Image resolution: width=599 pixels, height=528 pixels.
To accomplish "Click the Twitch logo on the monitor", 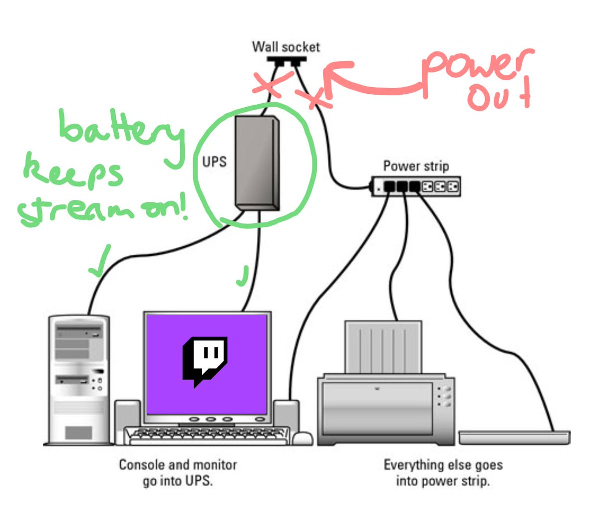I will tap(205, 360).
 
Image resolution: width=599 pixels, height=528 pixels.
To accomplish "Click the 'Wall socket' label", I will tap(286, 47).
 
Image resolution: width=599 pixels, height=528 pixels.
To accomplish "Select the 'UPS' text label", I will tap(214, 162).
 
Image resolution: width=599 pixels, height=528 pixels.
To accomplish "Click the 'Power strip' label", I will tap(416, 166).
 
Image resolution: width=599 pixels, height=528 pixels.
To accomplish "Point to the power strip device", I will tap(416, 187).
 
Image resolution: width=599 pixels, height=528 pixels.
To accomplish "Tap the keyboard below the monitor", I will tap(207, 436).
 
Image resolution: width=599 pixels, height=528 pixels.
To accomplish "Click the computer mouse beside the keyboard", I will tap(302, 439).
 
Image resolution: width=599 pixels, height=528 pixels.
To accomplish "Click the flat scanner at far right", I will tap(514, 437).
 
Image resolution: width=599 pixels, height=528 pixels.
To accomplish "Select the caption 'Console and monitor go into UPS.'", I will tap(178, 473).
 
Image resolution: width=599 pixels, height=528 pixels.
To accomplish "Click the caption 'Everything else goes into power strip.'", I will tap(443, 473).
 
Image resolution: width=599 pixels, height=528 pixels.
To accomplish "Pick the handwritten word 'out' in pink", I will tap(499, 97).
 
